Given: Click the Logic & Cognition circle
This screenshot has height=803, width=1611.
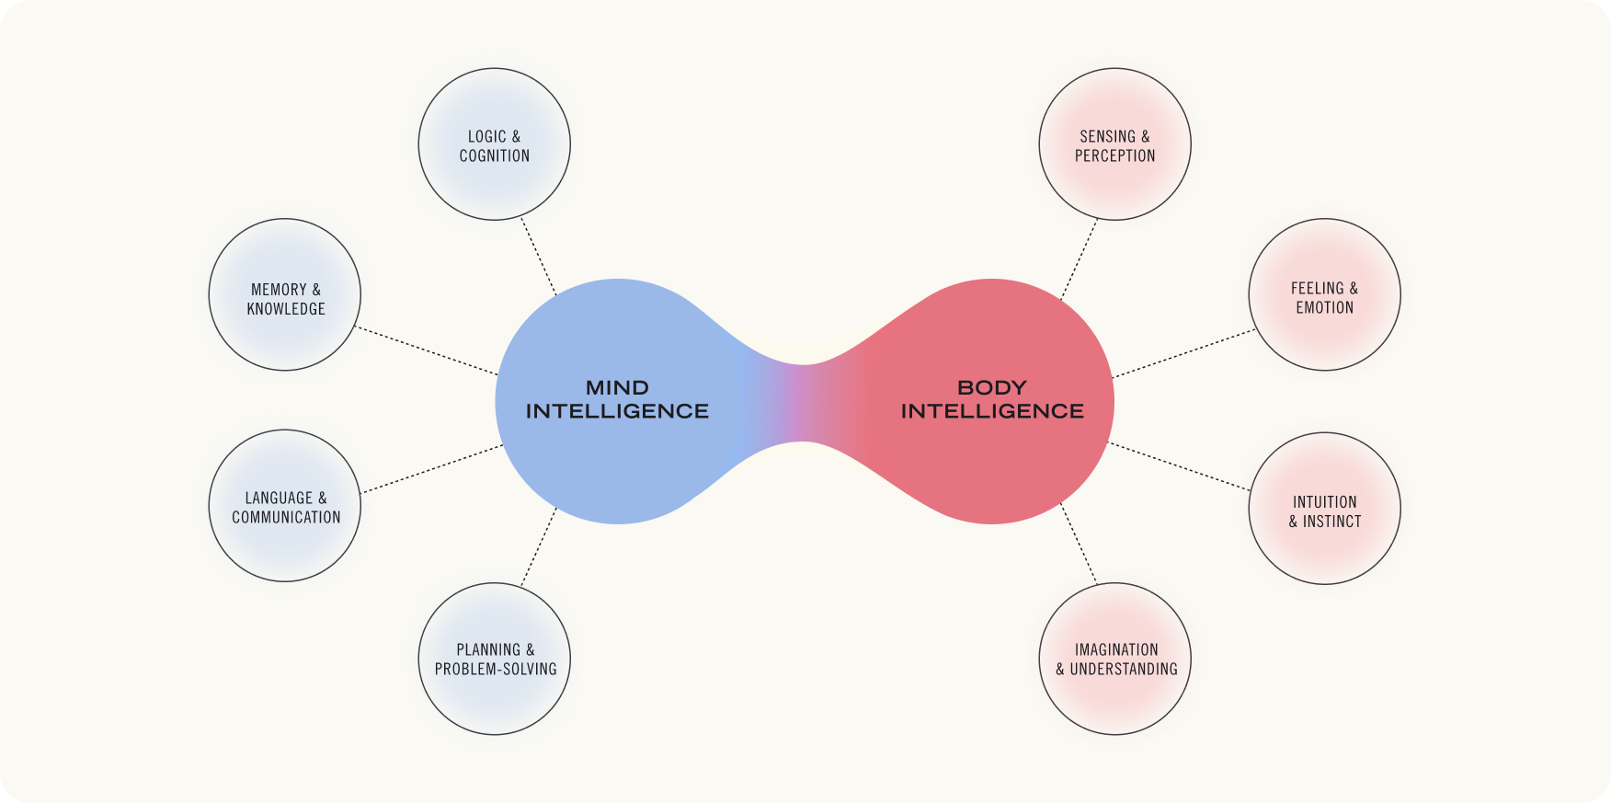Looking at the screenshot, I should [494, 144].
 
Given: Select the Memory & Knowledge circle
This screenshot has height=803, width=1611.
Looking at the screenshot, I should [285, 295].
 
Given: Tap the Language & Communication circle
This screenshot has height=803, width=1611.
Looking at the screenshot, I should [285, 506].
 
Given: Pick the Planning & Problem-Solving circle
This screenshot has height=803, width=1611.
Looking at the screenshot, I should [494, 659].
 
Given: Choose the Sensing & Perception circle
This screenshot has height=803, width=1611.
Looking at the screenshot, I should [1114, 144].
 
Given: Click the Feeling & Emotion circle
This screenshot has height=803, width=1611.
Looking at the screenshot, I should [1324, 295].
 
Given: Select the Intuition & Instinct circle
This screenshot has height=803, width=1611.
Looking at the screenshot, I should [1324, 509].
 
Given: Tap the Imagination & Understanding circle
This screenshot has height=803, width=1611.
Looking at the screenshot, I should [1114, 659].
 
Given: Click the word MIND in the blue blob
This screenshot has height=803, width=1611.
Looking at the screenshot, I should [617, 388].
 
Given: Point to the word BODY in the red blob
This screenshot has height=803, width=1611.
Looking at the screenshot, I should [992, 388].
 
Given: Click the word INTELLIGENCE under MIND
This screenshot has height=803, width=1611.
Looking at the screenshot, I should [617, 411].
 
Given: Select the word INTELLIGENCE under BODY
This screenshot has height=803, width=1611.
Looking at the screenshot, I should [992, 411].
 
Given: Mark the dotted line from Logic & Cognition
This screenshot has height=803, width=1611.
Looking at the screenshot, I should [539, 257].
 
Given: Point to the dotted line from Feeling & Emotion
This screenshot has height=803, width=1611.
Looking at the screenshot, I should [1183, 353].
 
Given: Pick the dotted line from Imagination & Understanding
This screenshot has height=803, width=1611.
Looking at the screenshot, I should [1080, 544].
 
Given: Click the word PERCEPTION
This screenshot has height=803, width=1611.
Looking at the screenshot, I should [1114, 156].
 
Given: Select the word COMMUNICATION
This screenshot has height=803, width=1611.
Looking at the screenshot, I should [286, 518].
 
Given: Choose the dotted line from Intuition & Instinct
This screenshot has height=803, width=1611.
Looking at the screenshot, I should [1180, 466].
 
